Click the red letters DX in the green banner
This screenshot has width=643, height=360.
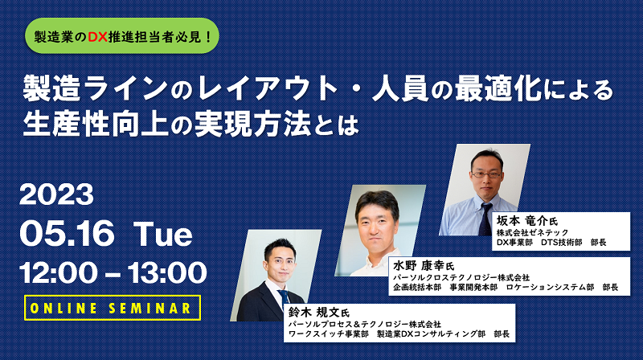click(97, 37)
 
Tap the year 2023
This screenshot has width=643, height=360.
click(56, 194)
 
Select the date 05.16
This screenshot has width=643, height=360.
click(67, 233)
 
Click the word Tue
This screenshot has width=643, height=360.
click(163, 233)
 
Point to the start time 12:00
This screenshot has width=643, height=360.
click(59, 272)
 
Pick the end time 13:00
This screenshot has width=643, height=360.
click(167, 272)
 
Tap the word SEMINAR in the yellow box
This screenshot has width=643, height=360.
click(150, 309)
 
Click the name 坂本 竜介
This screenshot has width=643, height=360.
click(522, 221)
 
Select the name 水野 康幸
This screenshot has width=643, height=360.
click(419, 266)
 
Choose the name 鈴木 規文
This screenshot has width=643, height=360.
click(314, 313)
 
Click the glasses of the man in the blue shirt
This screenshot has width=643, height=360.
click(487, 174)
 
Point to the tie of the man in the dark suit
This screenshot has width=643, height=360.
click(284, 298)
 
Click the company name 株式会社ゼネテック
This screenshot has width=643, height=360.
click(533, 233)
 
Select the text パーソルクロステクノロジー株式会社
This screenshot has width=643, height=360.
click(461, 278)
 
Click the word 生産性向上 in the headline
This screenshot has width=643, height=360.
click(96, 124)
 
